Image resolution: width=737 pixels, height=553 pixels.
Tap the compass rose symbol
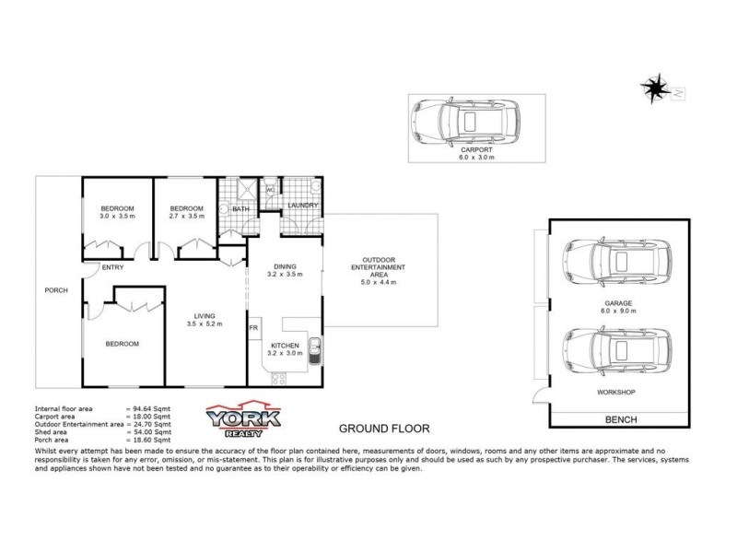pyautogui.click(x=657, y=88)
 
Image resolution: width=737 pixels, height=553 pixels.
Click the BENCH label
pyautogui.click(x=620, y=418)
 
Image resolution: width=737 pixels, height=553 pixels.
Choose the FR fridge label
pyautogui.click(x=252, y=327)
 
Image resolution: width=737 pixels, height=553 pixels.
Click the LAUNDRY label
pyautogui.click(x=302, y=206)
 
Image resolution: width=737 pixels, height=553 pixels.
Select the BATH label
pyautogui.click(x=241, y=209)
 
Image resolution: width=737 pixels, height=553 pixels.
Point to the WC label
pyautogui.click(x=271, y=191)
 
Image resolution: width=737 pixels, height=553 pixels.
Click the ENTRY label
pyautogui.click(x=114, y=267)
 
